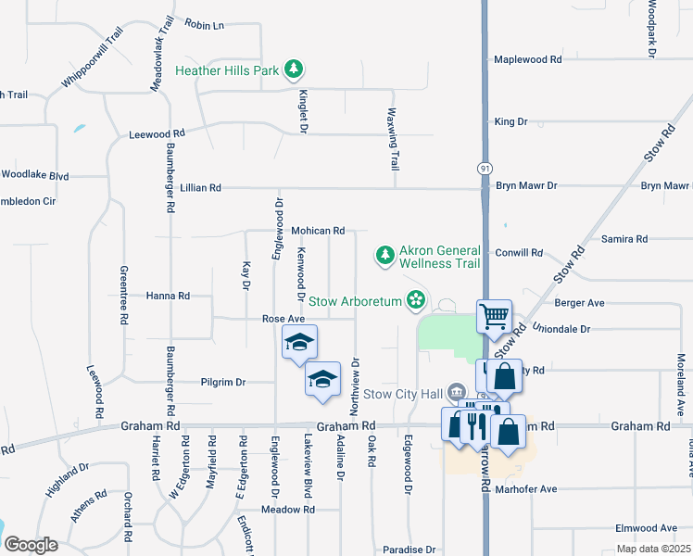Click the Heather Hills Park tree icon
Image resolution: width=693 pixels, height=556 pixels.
point(294,69)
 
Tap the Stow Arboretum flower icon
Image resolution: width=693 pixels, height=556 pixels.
point(416,300)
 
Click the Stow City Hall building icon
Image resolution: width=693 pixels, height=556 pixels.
point(455,392)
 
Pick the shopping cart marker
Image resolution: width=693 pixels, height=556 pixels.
point(494,316)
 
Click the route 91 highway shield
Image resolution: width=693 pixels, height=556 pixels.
point(485,168)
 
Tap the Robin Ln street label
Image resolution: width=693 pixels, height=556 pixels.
point(204,25)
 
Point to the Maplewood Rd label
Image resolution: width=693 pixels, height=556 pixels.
point(528,59)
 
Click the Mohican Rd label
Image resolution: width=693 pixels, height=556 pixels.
point(318,230)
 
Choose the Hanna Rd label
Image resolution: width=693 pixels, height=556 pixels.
point(168,296)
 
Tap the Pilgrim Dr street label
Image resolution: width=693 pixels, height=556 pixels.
point(222,382)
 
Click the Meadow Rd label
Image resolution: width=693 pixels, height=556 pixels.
point(288,510)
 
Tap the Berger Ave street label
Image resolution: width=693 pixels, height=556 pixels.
point(579,303)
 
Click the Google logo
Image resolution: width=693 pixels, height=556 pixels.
point(31,545)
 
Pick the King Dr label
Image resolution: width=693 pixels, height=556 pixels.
point(510,121)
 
